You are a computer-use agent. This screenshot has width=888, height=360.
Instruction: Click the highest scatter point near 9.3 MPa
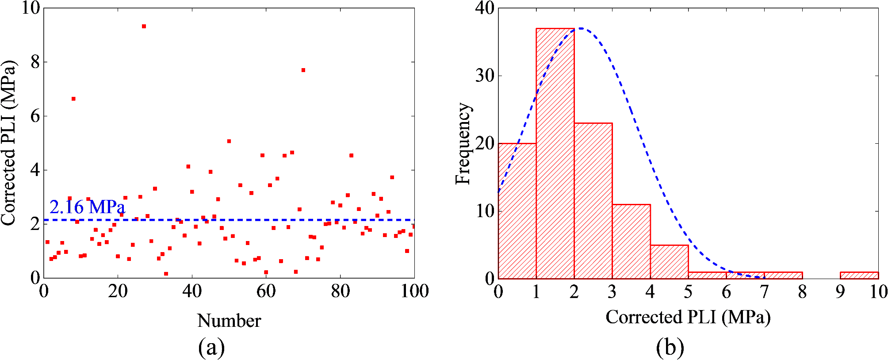click(x=144, y=27)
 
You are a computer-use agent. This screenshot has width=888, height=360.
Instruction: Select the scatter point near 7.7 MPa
click(x=303, y=70)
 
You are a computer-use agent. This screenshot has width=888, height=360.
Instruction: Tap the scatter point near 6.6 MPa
click(x=73, y=99)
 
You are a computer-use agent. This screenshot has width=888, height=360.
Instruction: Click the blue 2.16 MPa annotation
click(x=87, y=207)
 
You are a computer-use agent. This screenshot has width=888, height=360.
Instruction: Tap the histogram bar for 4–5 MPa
click(x=669, y=261)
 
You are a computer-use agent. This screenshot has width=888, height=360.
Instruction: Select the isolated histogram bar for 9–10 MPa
click(x=859, y=275)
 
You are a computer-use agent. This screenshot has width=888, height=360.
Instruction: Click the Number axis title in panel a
click(x=229, y=321)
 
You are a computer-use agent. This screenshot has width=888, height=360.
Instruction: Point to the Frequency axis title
click(x=463, y=143)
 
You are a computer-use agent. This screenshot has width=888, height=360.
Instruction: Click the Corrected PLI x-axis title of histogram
click(x=688, y=317)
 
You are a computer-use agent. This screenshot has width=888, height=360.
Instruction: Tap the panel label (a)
click(x=211, y=347)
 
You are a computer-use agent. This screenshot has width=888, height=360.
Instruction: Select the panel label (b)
click(x=670, y=347)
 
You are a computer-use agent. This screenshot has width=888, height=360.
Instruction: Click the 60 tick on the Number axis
click(x=266, y=291)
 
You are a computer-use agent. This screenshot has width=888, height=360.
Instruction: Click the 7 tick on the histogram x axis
click(x=764, y=291)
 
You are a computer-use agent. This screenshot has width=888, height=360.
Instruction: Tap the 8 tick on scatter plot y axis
click(x=35, y=62)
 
